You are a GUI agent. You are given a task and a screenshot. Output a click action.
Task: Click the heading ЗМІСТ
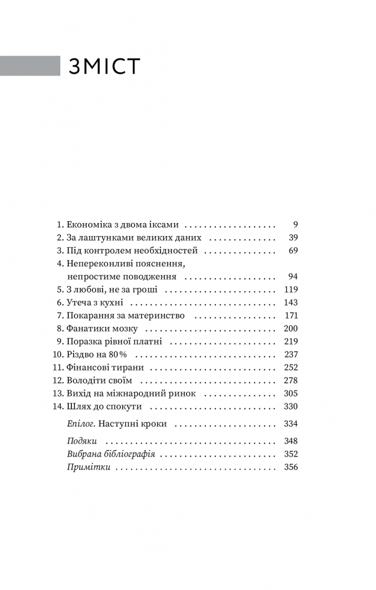104,66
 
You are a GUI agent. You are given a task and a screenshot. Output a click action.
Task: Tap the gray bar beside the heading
30,66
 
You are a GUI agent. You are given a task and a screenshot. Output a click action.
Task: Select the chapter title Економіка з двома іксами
123,225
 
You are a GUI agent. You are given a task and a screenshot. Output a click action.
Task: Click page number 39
292,238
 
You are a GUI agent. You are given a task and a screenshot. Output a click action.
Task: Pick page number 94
292,277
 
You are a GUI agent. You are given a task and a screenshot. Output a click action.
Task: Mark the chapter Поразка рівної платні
114,342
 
